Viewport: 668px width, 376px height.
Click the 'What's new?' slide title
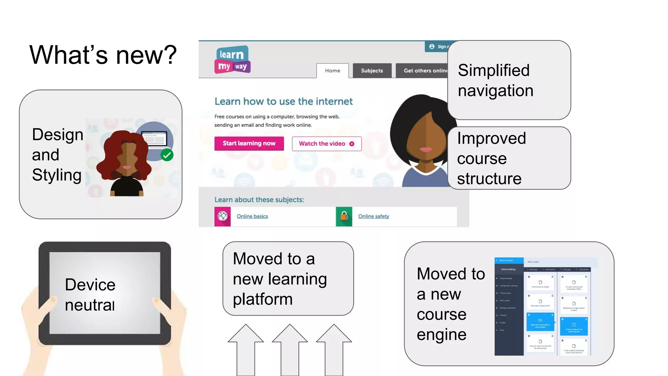(x=103, y=55)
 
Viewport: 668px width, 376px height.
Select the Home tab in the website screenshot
(x=332, y=70)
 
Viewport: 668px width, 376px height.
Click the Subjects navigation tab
(x=372, y=70)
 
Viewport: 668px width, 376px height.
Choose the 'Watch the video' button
(x=326, y=144)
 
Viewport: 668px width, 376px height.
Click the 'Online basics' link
(x=252, y=216)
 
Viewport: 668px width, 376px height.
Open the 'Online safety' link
(x=373, y=216)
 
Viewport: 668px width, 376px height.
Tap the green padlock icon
(x=344, y=216)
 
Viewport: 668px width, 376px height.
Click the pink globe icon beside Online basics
(x=222, y=216)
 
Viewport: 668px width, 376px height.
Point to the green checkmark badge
(x=167, y=155)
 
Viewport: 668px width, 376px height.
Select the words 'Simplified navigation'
(x=495, y=80)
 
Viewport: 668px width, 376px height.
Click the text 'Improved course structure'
(x=491, y=158)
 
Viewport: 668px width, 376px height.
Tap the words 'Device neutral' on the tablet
(x=90, y=294)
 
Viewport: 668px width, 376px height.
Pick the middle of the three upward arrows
(x=290, y=349)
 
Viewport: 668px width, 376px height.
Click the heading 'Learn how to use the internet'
(x=283, y=102)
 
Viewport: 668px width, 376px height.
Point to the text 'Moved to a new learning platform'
(x=280, y=278)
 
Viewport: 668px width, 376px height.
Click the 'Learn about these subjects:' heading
(x=259, y=200)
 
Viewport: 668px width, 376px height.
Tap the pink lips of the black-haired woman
(x=425, y=149)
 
